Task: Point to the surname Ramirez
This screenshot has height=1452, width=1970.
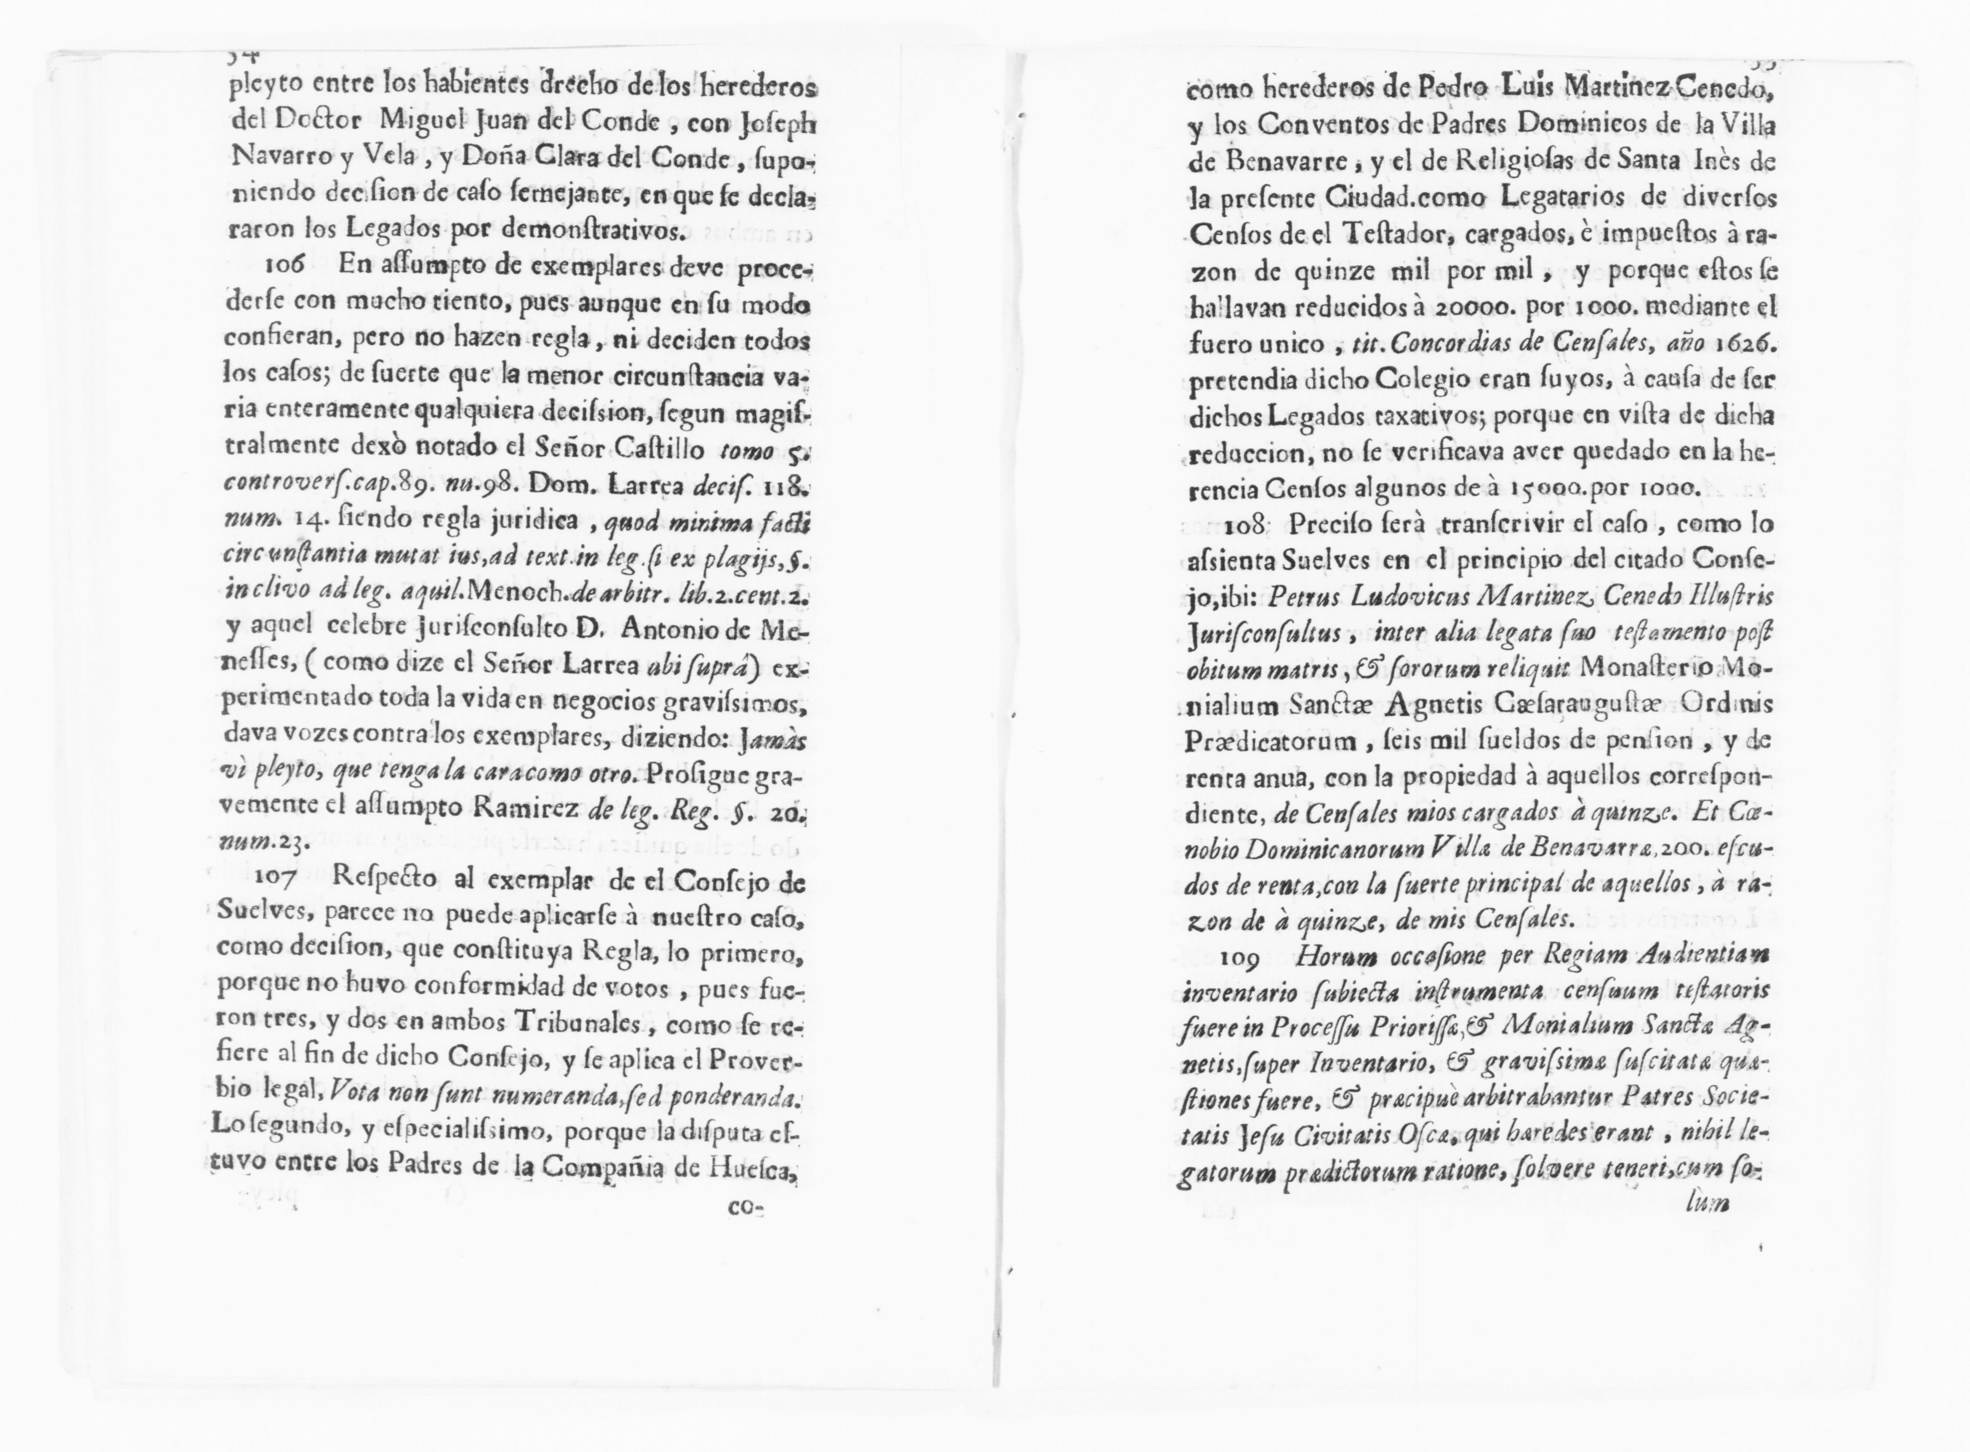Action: click(x=535, y=809)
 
